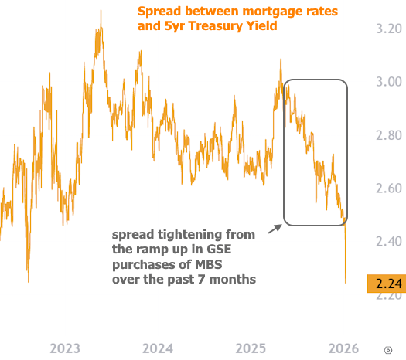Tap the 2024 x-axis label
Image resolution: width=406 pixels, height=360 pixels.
click(x=157, y=348)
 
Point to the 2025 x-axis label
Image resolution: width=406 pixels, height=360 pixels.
click(x=252, y=348)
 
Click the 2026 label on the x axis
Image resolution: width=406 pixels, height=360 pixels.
click(x=343, y=348)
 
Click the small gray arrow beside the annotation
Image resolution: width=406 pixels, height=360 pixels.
click(x=275, y=229)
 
